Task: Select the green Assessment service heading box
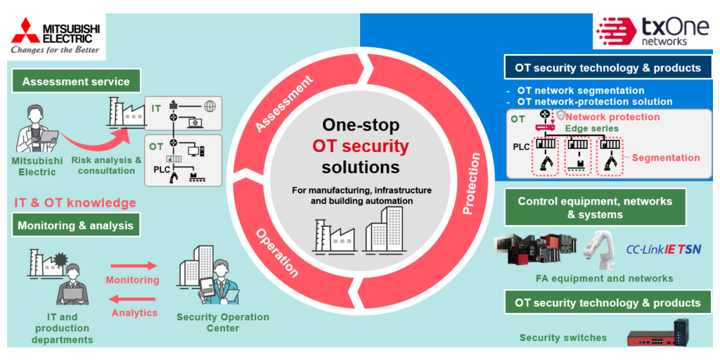pyautogui.click(x=76, y=82)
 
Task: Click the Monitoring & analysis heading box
pyautogui.click(x=75, y=226)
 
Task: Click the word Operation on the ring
pyautogui.click(x=276, y=252)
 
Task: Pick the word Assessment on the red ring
pyautogui.click(x=284, y=104)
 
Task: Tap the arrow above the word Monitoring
pyautogui.click(x=132, y=266)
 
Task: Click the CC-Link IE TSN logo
pyautogui.click(x=662, y=249)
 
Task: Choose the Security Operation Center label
pyautogui.click(x=223, y=322)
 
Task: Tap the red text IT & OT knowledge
pyautogui.click(x=75, y=203)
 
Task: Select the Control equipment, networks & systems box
pyautogui.click(x=595, y=207)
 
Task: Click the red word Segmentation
pyautogui.click(x=665, y=157)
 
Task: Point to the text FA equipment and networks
pyautogui.click(x=604, y=278)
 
